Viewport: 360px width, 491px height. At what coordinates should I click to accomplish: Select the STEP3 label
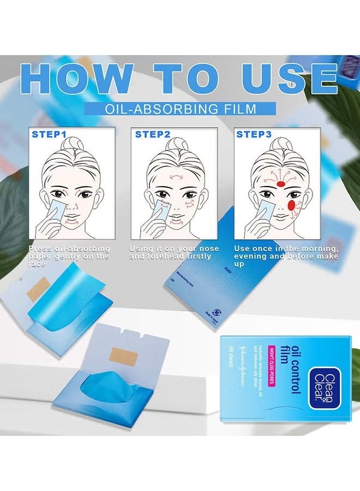click(x=254, y=134)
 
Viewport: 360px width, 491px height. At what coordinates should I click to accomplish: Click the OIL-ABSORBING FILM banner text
click(x=180, y=109)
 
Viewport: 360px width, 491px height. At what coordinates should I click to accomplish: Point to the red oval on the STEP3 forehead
click(x=281, y=184)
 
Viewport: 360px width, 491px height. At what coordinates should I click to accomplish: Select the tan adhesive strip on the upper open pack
click(x=38, y=289)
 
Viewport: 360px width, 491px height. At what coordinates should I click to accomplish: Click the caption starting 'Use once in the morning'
click(x=286, y=256)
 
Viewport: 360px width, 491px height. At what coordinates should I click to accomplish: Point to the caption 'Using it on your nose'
click(x=173, y=252)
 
